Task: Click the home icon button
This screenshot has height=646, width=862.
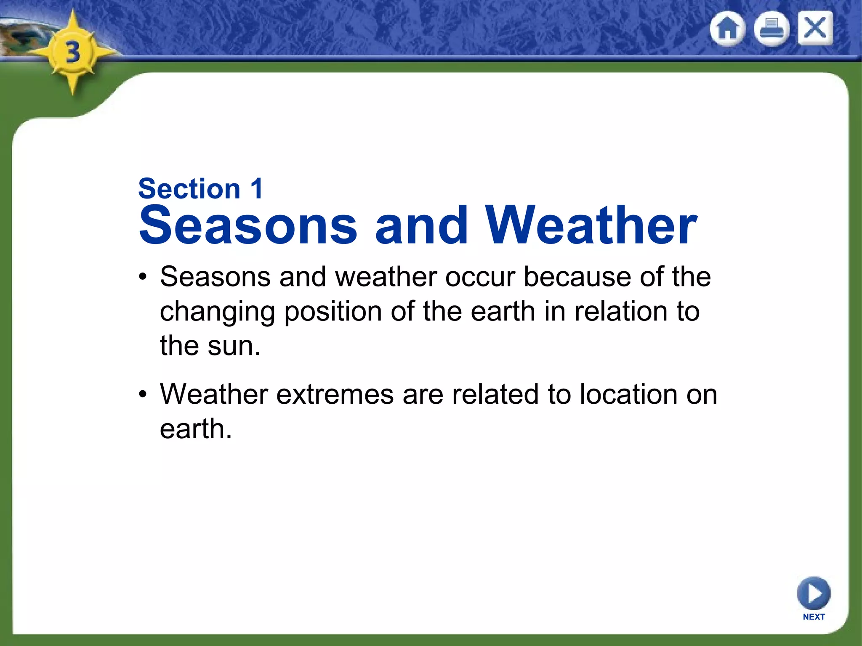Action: pyautogui.click(x=727, y=29)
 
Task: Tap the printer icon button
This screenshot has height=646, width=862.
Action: pyautogui.click(x=771, y=29)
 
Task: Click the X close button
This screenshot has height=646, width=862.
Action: pyautogui.click(x=815, y=29)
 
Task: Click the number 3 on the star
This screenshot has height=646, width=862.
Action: pyautogui.click(x=73, y=53)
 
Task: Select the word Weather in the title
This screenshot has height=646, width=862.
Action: pyautogui.click(x=591, y=225)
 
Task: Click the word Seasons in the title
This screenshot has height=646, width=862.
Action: pyautogui.click(x=248, y=225)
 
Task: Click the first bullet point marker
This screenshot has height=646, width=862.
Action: pyautogui.click(x=144, y=277)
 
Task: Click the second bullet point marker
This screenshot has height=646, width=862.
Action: pyautogui.click(x=144, y=394)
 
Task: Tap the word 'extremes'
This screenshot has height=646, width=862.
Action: pyautogui.click(x=335, y=394)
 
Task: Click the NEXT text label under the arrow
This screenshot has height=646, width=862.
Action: pyautogui.click(x=814, y=617)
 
